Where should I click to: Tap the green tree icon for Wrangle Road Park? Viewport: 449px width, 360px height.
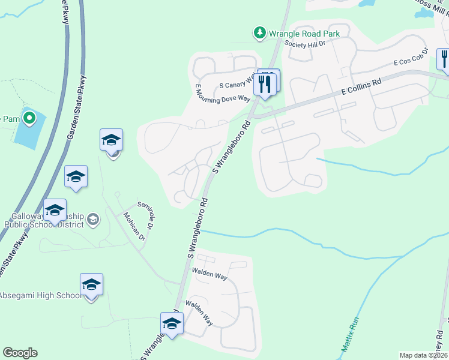click(260, 33)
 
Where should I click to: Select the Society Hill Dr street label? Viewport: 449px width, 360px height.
click(304, 44)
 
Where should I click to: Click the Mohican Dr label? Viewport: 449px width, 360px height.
click(134, 226)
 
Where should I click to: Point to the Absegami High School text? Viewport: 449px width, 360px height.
click(40, 295)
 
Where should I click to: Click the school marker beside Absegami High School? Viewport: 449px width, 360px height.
click(91, 284)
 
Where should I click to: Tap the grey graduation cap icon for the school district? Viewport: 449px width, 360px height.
click(93, 220)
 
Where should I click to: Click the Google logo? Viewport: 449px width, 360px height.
click(20, 353)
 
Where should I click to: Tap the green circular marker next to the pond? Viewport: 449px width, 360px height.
click(28, 118)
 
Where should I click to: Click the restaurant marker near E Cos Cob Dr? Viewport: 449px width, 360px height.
click(444, 58)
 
